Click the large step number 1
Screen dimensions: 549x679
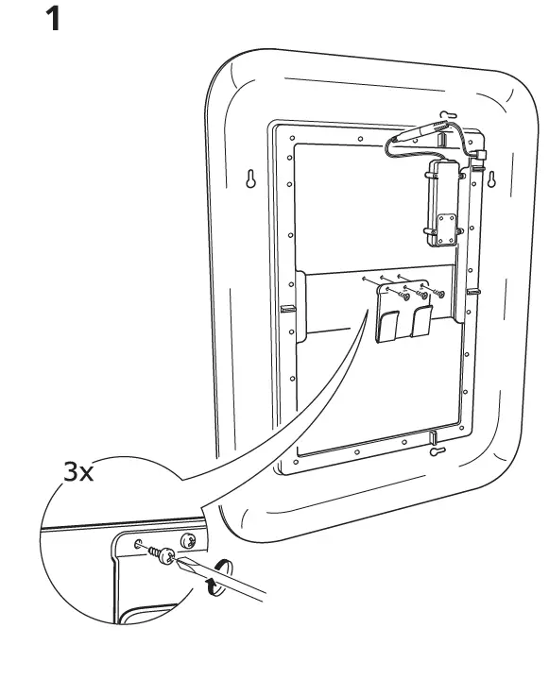click(53, 20)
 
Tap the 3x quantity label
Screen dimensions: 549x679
click(78, 471)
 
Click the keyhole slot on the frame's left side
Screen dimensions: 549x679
click(250, 178)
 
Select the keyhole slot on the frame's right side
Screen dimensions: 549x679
click(491, 179)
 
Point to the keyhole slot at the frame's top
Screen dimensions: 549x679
click(449, 115)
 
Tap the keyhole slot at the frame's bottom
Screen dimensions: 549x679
click(437, 451)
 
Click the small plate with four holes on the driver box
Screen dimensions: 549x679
click(446, 229)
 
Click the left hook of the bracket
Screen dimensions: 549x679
click(389, 326)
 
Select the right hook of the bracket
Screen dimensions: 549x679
click(421, 321)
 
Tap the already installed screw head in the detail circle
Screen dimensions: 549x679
click(189, 540)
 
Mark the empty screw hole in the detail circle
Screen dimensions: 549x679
click(138, 543)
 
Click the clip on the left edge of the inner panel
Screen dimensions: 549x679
click(287, 309)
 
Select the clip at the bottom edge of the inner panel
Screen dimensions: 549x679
click(433, 437)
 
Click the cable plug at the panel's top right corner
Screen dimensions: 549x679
click(480, 154)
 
